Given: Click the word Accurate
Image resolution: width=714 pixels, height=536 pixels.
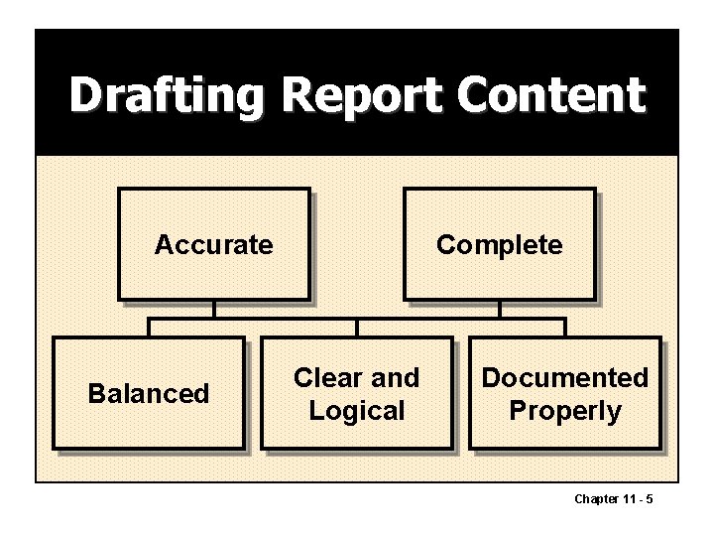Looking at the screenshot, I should (213, 244).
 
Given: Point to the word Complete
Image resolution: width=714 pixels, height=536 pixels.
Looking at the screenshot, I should (499, 244).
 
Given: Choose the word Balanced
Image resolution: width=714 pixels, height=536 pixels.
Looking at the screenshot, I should (149, 393).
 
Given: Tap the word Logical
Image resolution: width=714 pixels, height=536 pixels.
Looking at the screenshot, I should (357, 411).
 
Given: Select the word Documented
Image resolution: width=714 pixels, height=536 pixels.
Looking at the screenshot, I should (564, 377).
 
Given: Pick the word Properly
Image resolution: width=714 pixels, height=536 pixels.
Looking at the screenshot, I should (564, 411).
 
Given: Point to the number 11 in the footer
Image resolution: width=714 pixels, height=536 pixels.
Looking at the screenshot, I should (629, 498).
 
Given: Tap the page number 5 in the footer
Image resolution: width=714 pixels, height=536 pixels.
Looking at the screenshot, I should (649, 498).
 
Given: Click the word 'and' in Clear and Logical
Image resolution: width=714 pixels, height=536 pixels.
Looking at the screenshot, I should (396, 377).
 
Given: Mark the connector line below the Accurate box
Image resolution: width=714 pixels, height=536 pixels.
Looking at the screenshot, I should (214, 309).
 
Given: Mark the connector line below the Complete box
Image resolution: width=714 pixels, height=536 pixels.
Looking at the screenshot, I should (500, 309).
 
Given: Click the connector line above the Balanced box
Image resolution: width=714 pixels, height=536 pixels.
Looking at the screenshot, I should (149, 328).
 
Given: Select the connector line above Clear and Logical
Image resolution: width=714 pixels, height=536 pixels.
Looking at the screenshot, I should (357, 328).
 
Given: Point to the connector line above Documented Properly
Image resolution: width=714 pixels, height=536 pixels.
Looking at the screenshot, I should (565, 328).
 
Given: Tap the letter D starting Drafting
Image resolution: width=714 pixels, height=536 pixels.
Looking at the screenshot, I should (85, 96).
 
